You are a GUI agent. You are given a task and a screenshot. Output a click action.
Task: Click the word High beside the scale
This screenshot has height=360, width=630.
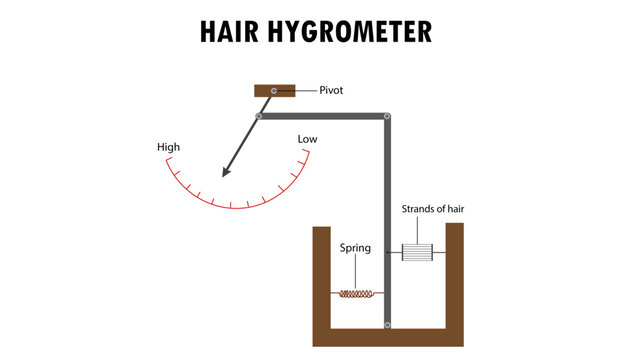[x=169, y=148]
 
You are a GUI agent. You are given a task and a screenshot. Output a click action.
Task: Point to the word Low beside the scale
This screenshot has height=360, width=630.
[x=307, y=139]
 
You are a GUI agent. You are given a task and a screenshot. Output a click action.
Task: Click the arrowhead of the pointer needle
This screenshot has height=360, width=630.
[x=227, y=169]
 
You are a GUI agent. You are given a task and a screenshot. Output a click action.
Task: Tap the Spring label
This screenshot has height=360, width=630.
[x=356, y=247]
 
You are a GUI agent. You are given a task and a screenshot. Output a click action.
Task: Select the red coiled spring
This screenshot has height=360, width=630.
[x=357, y=294]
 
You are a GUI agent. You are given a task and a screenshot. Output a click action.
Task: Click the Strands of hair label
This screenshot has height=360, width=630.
[x=433, y=209]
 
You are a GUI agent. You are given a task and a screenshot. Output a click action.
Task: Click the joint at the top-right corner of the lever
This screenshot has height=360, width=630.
[x=388, y=117]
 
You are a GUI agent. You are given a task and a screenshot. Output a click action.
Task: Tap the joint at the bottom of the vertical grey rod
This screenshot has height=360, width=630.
[x=388, y=325]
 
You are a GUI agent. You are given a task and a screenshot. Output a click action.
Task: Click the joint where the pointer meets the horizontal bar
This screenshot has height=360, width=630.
[x=259, y=117]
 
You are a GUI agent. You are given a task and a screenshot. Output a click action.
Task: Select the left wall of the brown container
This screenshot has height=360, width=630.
[x=321, y=280]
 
